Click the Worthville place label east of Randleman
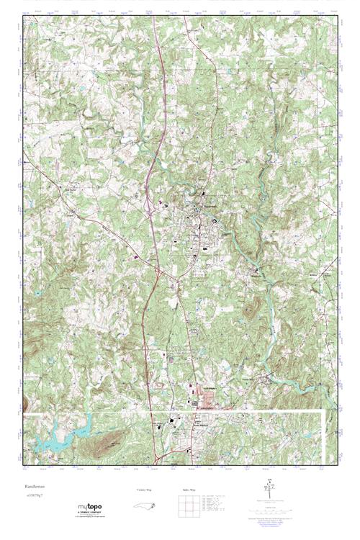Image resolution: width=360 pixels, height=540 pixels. pyautogui.click(x=257, y=274)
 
